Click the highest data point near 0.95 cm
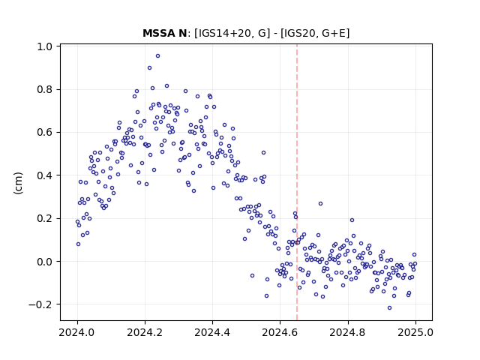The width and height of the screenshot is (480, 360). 157,56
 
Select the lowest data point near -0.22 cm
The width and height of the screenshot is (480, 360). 389,308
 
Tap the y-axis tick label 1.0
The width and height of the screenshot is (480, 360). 44,46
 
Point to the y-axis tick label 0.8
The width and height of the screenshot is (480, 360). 44,90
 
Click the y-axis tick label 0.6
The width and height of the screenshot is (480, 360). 44,133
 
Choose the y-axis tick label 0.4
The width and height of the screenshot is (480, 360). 44,175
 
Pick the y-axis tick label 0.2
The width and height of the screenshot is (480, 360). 44,218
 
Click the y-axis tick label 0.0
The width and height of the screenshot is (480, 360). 44,262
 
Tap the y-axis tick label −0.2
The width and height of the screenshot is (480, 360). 40,304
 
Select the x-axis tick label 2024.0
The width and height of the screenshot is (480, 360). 77,332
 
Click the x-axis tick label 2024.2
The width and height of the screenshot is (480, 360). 145,332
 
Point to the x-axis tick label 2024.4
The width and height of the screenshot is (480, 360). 212,332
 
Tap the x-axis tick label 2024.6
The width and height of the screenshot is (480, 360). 280,332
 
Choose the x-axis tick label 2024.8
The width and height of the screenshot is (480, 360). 348,332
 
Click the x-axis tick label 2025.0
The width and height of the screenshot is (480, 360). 415,332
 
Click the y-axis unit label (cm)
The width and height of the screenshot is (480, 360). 18,183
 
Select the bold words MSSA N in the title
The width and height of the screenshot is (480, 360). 165,33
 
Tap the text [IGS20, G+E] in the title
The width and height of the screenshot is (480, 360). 315,33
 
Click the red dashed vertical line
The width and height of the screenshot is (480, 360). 297,182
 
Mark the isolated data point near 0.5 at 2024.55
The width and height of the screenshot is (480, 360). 263,153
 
